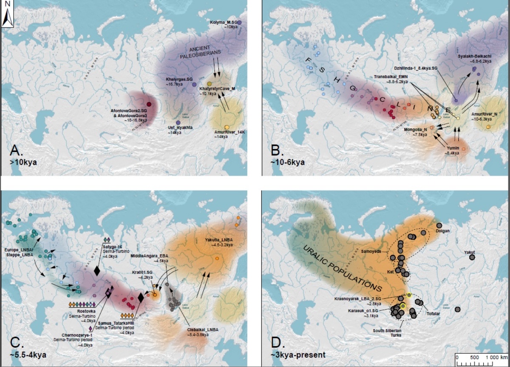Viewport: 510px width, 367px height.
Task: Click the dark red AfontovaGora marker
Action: (x=149, y=104)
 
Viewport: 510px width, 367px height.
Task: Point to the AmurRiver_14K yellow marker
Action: (x=227, y=127)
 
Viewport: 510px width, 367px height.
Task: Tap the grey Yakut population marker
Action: (x=471, y=257)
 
